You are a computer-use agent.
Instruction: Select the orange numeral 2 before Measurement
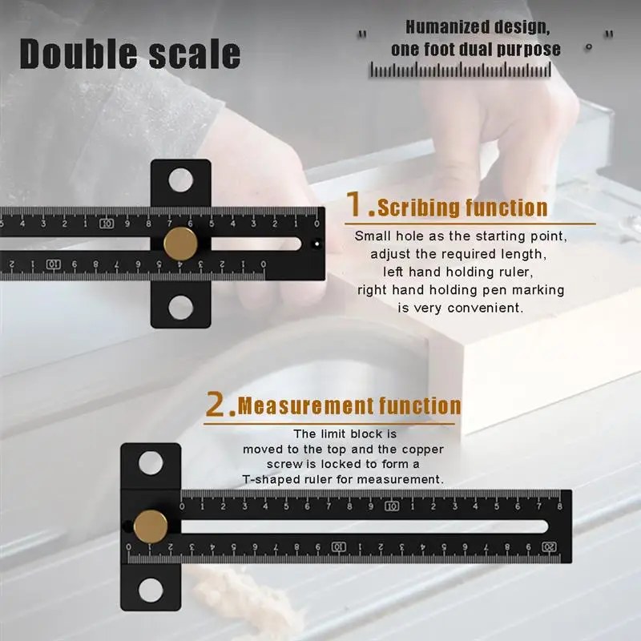point(220,405)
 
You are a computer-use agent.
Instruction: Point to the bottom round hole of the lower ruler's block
point(151,591)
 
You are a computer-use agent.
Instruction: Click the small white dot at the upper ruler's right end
point(316,243)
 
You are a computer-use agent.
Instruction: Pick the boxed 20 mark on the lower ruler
point(549,546)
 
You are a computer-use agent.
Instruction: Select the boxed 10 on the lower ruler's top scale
point(391,506)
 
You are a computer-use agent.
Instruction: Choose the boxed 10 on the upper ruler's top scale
point(107,224)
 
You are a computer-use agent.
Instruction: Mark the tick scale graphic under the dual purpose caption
point(461,71)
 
